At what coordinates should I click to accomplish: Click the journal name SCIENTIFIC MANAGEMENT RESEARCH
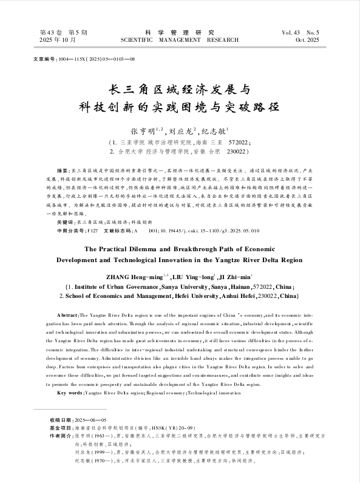pos(180,40)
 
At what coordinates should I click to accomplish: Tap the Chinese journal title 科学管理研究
pos(180,32)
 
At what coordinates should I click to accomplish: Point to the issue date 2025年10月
pos(58,40)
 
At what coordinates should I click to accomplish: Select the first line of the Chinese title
pos(180,89)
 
